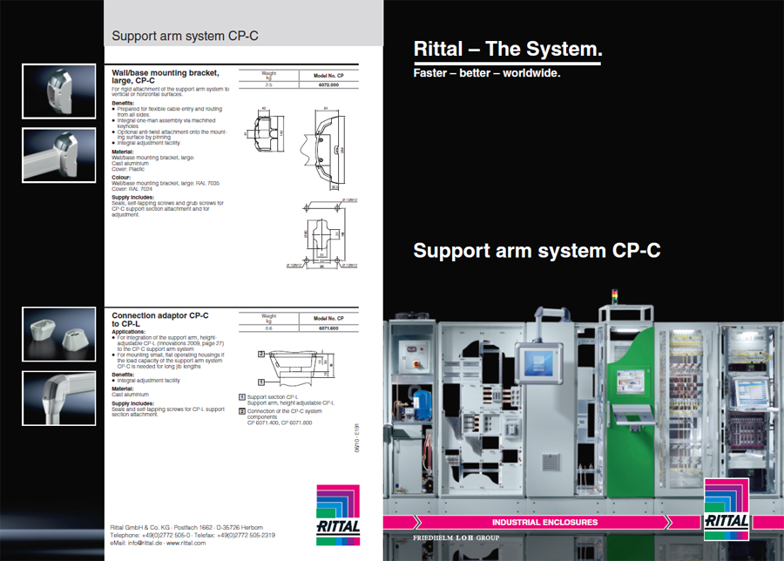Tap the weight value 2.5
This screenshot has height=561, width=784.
[268, 86]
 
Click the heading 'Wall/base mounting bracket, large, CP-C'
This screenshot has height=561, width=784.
[166, 77]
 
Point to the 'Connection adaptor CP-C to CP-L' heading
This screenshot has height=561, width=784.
[161, 318]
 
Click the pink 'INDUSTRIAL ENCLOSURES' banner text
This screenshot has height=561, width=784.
[544, 522]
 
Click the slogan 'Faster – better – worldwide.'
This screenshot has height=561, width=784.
[486, 72]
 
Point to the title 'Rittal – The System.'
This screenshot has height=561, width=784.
[507, 49]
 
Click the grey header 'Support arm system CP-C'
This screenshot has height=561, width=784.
[185, 37]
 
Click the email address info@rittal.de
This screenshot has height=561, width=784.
[141, 542]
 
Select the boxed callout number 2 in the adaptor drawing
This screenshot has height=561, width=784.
[261, 355]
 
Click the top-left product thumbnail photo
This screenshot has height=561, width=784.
[59, 91]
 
